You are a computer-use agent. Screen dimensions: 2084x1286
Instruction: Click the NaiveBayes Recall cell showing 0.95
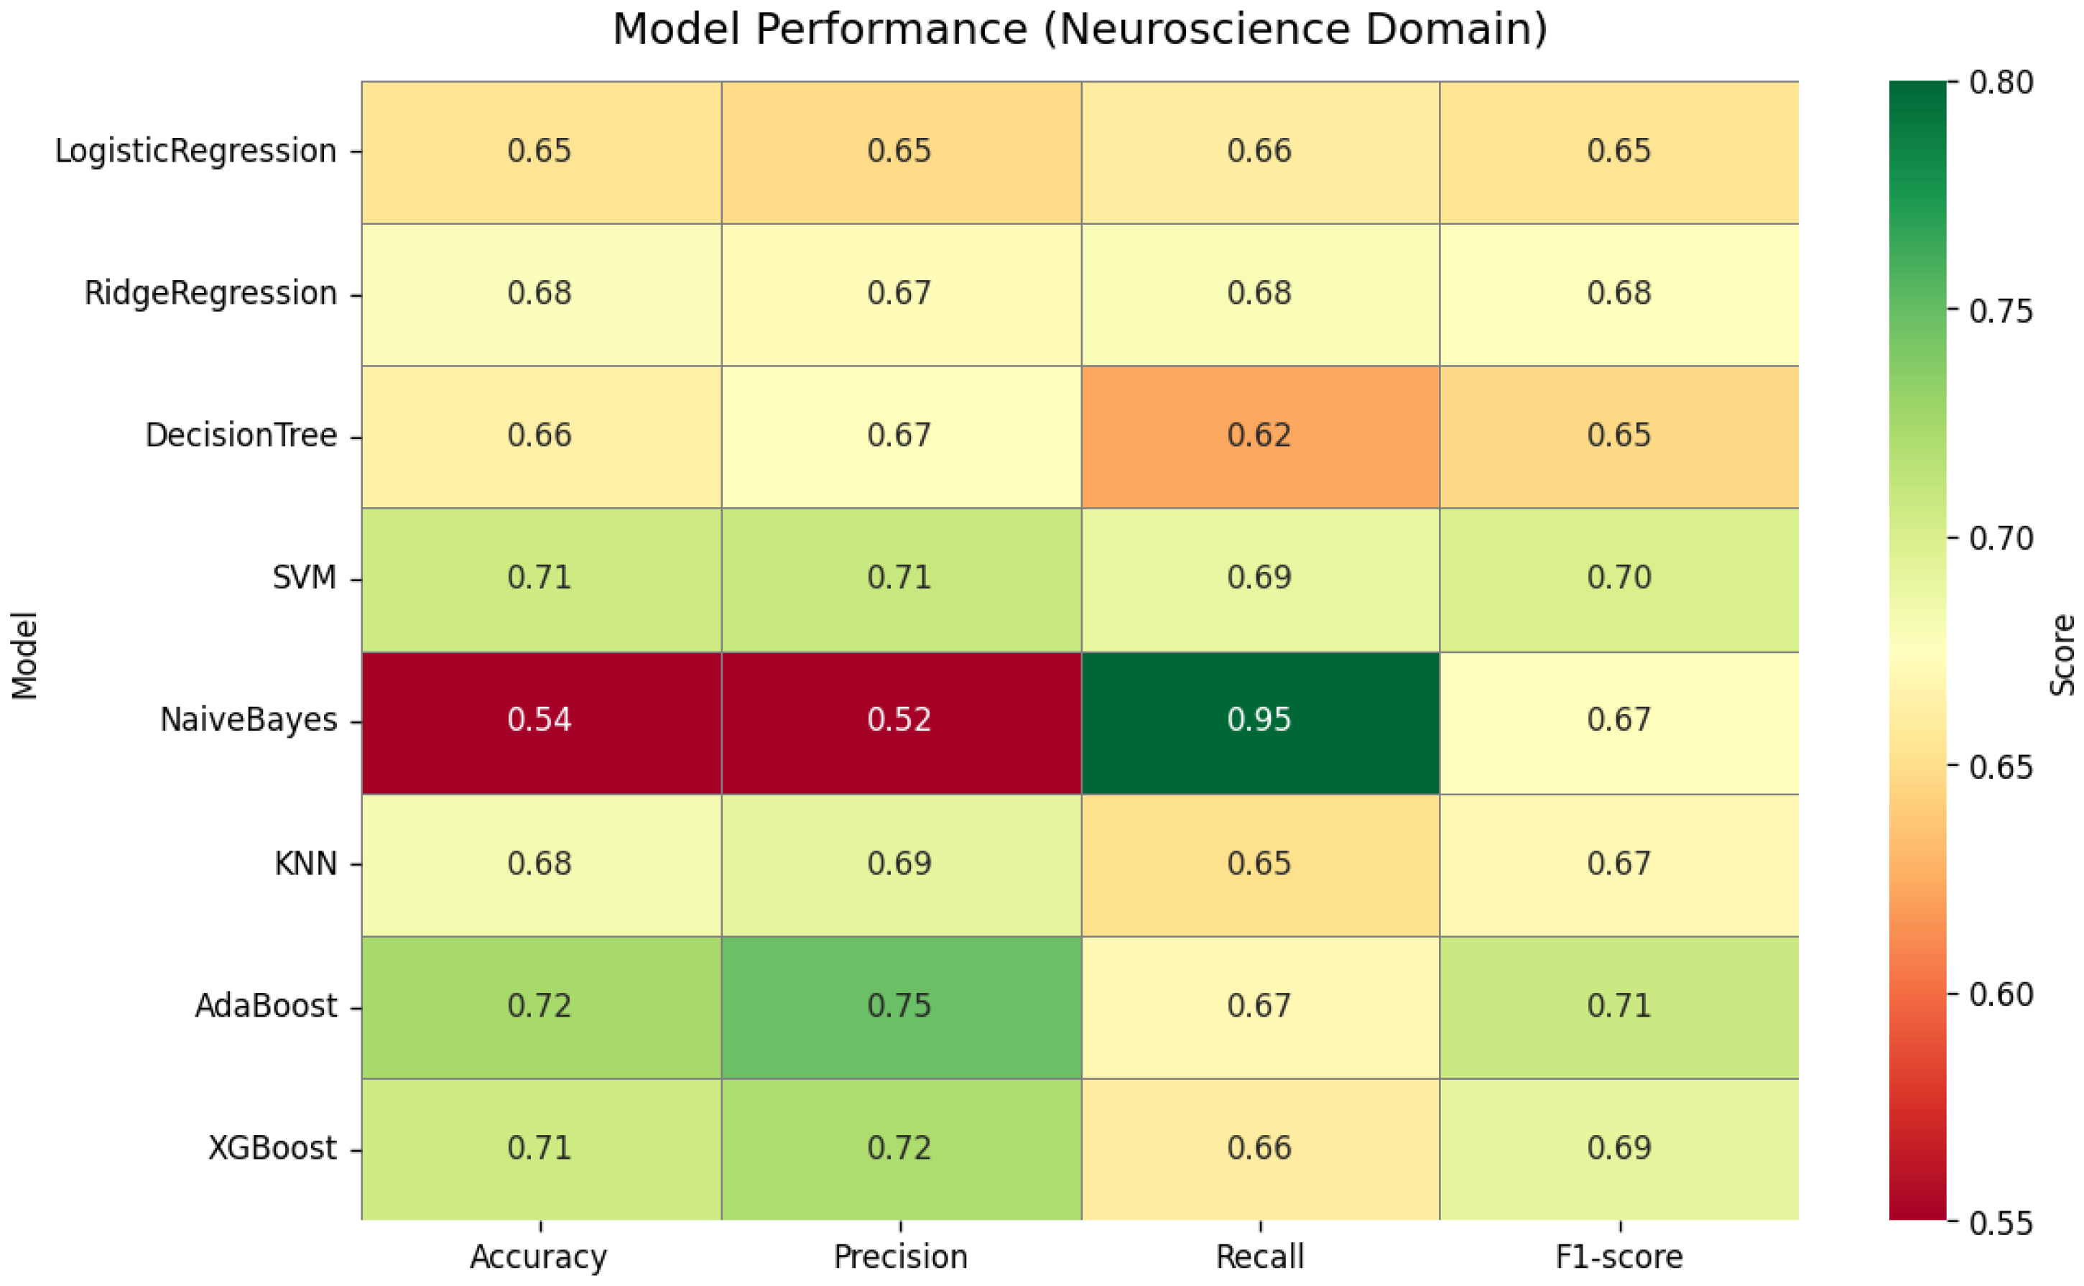1259,723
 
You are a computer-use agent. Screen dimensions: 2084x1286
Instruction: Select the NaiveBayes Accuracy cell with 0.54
541,723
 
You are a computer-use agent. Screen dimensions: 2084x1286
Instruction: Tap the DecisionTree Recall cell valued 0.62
1259,438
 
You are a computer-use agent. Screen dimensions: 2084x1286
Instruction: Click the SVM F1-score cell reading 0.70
1619,580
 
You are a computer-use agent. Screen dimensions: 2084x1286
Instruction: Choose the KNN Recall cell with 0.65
1259,866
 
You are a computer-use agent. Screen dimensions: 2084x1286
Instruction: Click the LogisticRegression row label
195,152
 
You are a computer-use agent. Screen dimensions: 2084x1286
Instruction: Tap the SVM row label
305,578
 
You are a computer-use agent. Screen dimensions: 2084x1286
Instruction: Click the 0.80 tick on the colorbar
2002,83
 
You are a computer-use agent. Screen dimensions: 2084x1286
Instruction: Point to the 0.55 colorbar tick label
2002,1224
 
